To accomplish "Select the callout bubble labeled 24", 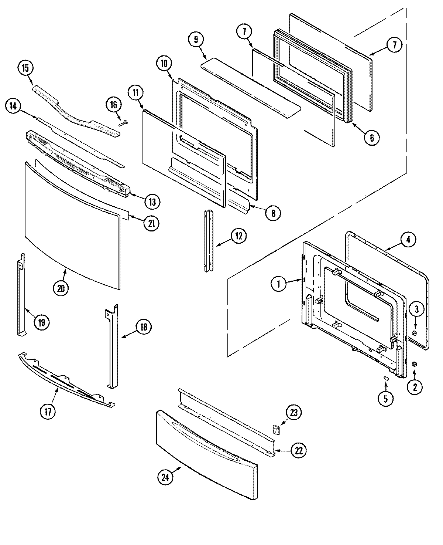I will coord(165,477).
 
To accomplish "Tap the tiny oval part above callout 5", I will coord(385,378).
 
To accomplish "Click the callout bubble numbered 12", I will coord(239,236).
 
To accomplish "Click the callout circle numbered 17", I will coord(48,412).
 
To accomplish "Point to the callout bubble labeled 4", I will coord(408,240).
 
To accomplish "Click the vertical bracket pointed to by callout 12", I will coord(209,240).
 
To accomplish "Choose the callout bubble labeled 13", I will coord(152,202).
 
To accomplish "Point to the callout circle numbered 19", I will coord(41,322).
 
